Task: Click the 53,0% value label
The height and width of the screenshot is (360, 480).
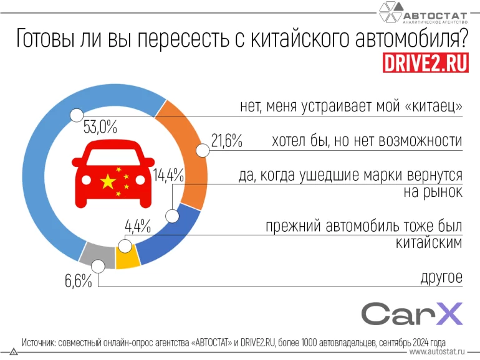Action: tap(100, 128)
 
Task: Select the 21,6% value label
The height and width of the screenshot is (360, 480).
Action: tap(226, 141)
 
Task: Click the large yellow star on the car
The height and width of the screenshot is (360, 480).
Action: tap(108, 182)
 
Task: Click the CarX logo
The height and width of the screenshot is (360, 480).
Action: tap(412, 314)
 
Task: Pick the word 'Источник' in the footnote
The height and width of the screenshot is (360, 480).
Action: tap(41, 343)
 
